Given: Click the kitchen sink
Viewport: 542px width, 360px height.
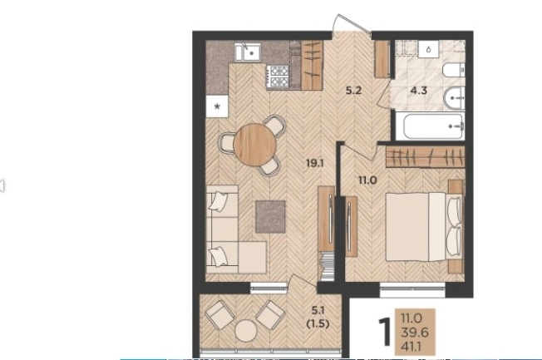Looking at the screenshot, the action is click(248, 52).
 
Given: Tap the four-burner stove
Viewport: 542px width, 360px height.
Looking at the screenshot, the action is click(278, 76).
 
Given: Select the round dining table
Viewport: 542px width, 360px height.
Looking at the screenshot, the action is click(254, 145).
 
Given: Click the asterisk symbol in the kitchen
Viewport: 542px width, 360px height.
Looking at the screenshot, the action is click(217, 106).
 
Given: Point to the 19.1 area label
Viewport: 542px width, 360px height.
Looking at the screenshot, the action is click(314, 162).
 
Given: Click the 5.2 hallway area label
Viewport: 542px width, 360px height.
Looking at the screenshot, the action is click(353, 91).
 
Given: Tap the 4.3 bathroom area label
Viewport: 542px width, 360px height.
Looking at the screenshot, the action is click(419, 91).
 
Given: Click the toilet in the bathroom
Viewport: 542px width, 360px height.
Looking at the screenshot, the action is click(454, 71).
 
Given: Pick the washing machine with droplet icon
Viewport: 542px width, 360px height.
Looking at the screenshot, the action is click(428, 49).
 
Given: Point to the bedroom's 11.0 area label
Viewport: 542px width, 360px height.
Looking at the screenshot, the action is click(367, 180).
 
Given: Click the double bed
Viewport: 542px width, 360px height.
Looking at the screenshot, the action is click(424, 227).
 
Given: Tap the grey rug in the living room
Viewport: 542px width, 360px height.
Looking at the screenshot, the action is click(270, 217).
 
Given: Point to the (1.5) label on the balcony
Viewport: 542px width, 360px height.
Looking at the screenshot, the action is click(318, 323).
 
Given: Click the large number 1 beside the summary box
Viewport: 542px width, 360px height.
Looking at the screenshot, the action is click(384, 331).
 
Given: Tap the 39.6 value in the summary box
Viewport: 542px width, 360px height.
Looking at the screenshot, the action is click(415, 333).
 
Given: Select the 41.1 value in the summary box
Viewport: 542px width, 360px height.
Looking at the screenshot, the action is click(411, 347).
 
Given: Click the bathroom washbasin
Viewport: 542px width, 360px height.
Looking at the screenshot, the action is click(454, 98).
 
